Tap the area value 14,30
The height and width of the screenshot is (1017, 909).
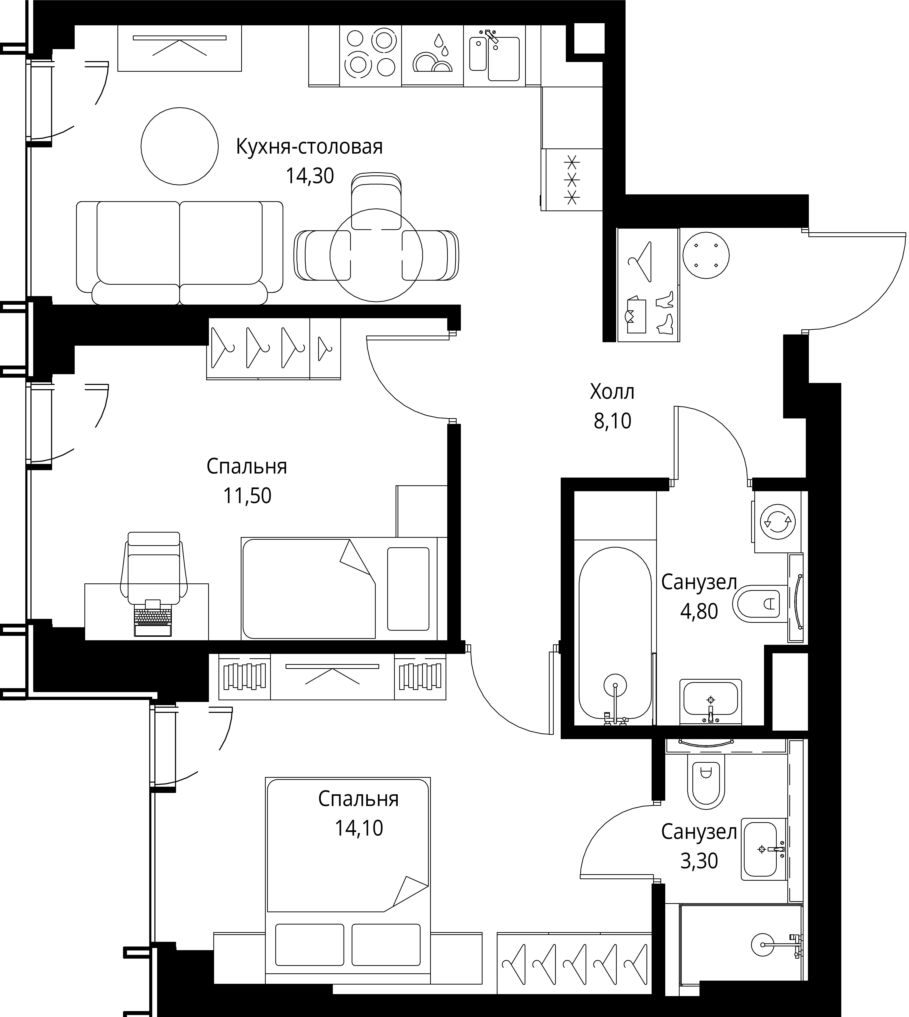[x=310, y=176]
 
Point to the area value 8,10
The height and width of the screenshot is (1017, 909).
[x=612, y=421]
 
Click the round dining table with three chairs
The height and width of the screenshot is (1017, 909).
[x=376, y=255]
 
